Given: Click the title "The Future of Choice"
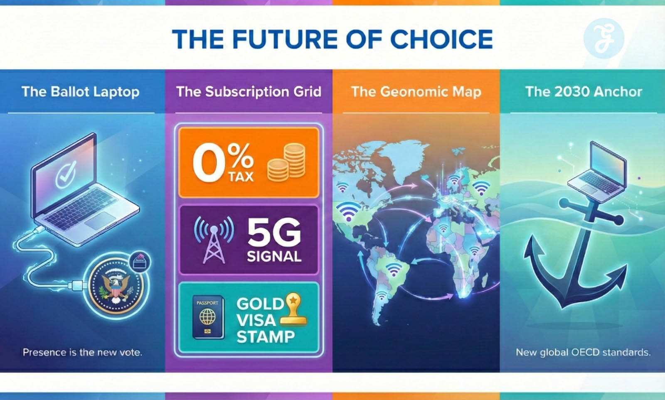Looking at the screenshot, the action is click(332, 39).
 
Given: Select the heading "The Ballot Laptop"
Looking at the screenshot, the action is click(81, 92).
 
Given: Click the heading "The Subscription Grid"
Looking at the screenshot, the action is click(249, 92).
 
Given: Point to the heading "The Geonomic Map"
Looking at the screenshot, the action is click(416, 92).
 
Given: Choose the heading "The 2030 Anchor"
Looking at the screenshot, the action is click(584, 92).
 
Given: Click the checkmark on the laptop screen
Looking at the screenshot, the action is click(66, 174).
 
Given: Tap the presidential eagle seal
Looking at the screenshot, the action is click(116, 286).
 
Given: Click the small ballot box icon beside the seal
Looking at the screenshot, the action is click(140, 261).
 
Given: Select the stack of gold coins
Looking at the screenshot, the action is click(286, 162).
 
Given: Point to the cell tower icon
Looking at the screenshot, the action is click(214, 240).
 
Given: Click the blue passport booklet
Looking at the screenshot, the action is click(208, 317).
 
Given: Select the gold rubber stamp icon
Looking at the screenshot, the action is click(293, 309).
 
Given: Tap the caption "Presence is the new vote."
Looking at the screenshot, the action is click(82, 353).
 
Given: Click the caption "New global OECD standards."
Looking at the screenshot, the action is click(583, 353).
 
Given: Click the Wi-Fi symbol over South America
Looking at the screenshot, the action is click(394, 269).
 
